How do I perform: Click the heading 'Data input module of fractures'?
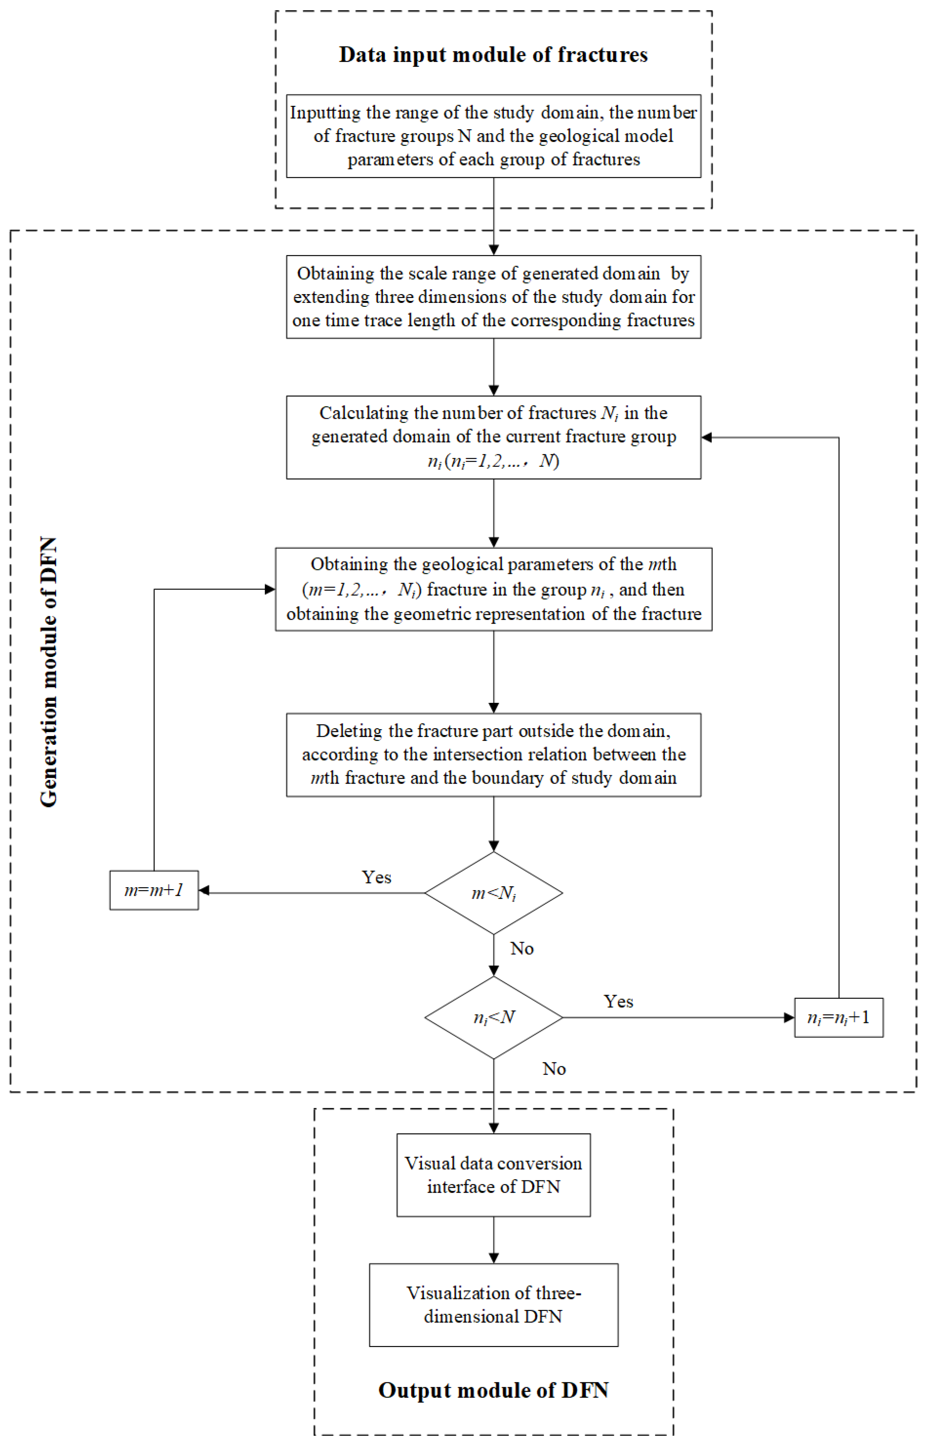(493, 55)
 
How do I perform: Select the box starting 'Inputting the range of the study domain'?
(493, 136)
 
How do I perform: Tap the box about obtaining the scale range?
(493, 296)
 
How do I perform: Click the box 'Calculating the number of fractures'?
(493, 437)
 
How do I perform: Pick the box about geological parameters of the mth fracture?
(493, 589)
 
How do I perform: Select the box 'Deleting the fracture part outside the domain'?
(493, 754)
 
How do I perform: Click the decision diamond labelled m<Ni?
(493, 893)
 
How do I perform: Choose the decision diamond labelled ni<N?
(493, 1017)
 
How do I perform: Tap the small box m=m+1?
(154, 890)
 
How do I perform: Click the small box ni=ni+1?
(839, 1017)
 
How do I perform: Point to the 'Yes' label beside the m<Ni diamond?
(377, 877)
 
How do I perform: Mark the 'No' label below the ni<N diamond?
(554, 1069)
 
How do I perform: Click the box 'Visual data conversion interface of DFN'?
(493, 1175)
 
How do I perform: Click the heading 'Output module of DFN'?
(493, 1390)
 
